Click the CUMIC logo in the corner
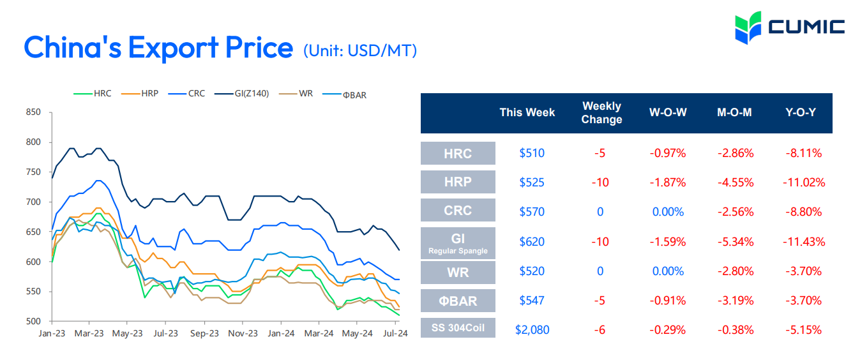790,27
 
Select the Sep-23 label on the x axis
204,333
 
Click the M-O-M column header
734,112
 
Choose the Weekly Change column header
602,112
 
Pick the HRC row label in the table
458,153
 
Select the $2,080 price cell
532,330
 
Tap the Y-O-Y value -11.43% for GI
803,242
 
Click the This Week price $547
532,301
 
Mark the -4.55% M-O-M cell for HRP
734,183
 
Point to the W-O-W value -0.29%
667,330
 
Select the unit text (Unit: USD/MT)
360,50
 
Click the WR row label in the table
458,272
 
